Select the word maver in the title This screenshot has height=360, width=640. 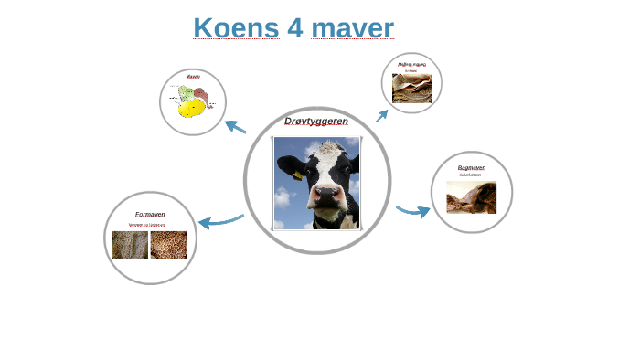352,28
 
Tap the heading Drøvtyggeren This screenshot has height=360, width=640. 315,121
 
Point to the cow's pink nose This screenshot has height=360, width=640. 325,196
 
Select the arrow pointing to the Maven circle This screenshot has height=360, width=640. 235,127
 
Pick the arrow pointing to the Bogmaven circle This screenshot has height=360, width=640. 413,212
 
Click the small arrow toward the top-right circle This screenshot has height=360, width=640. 381,116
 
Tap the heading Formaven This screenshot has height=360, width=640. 150,214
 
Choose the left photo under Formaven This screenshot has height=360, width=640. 130,245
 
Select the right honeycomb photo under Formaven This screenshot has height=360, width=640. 168,245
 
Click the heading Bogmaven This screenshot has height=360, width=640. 471,168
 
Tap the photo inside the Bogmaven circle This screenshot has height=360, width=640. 471,197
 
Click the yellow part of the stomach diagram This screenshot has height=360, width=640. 190,110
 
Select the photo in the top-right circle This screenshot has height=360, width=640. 411,88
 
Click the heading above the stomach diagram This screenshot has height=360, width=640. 193,77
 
